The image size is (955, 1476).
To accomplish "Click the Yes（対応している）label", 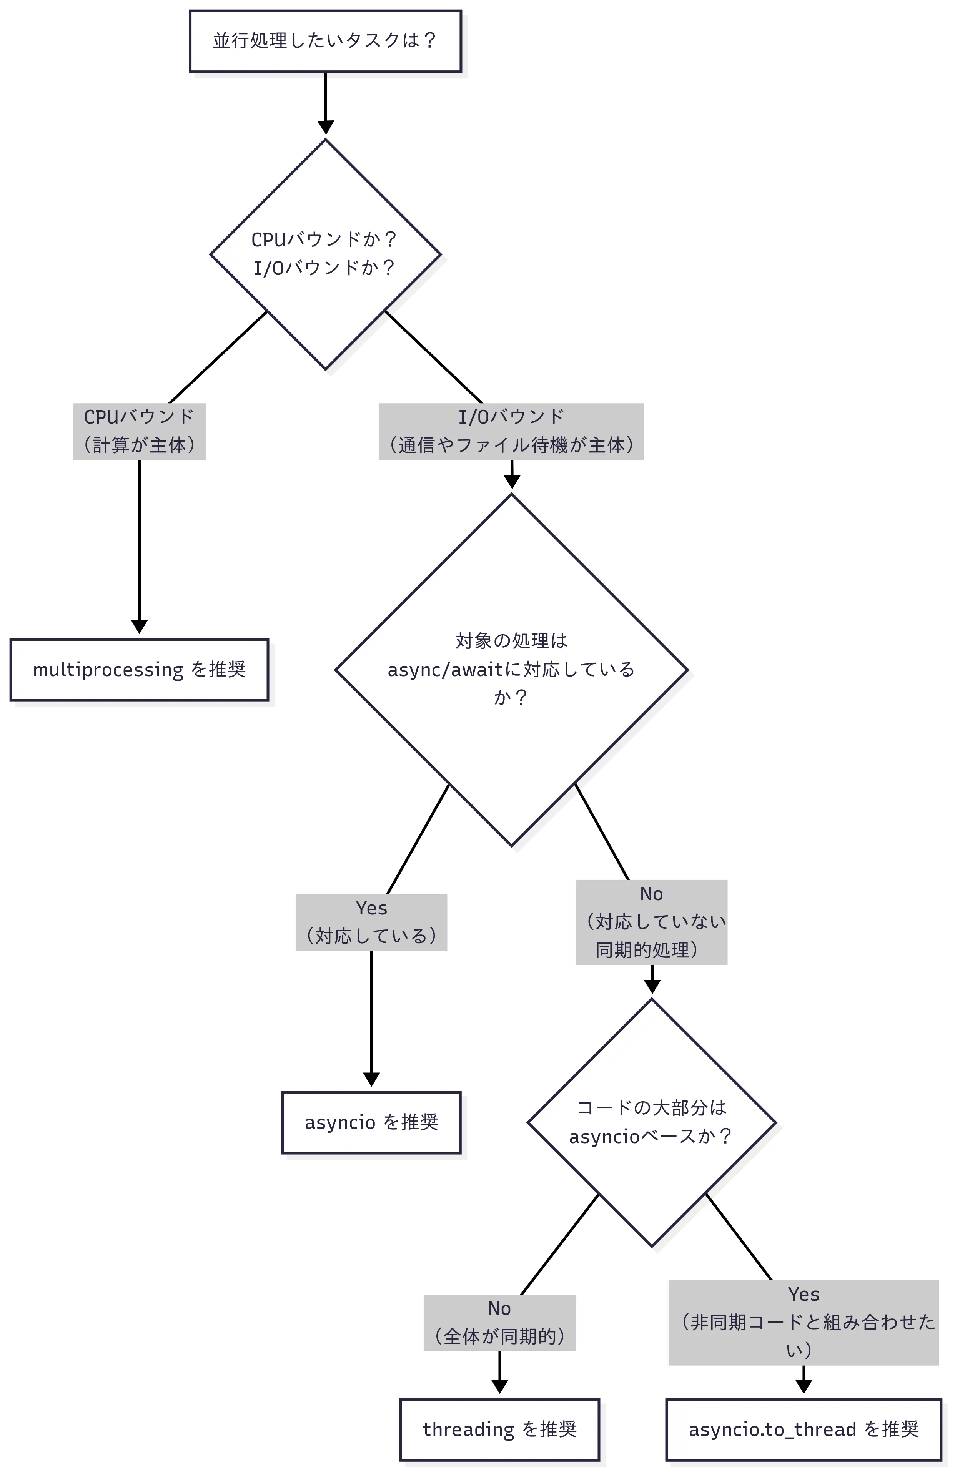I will (x=371, y=922).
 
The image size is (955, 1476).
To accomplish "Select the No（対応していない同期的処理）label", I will (x=651, y=922).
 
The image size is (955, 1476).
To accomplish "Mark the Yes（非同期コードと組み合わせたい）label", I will (x=803, y=1322).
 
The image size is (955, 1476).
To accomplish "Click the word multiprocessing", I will (x=108, y=670).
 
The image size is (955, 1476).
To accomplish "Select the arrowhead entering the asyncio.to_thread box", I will (x=803, y=1386).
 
